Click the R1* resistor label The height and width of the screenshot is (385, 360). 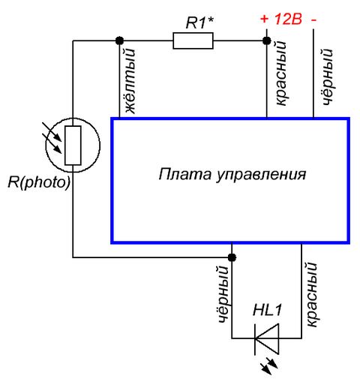pyautogui.click(x=199, y=23)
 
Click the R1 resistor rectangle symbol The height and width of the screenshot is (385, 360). pyautogui.click(x=193, y=41)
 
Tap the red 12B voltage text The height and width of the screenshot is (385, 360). pyautogui.click(x=288, y=19)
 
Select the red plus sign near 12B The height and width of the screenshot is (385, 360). pyautogui.click(x=264, y=19)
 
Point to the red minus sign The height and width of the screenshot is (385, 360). pyautogui.click(x=314, y=20)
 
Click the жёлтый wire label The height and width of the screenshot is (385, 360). pyautogui.click(x=130, y=81)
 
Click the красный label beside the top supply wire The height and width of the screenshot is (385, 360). pyautogui.click(x=280, y=73)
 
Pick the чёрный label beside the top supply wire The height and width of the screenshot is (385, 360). pyautogui.click(x=328, y=77)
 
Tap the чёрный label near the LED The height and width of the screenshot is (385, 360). pyautogui.click(x=223, y=294)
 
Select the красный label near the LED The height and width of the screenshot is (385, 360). pyautogui.click(x=311, y=294)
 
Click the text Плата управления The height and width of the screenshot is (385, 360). pyautogui.click(x=232, y=174)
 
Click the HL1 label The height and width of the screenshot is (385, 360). pyautogui.click(x=267, y=310)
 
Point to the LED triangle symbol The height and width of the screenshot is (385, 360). pyautogui.click(x=267, y=338)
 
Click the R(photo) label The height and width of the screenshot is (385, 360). pyautogui.click(x=39, y=182)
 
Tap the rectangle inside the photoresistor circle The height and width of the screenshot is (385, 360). pyautogui.click(x=73, y=146)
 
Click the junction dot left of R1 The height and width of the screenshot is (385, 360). pyautogui.click(x=119, y=41)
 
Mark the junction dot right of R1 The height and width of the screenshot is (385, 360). pyautogui.click(x=267, y=41)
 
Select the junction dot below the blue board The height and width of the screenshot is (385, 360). pyautogui.click(x=232, y=257)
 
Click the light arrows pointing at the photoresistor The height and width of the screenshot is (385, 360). pyautogui.click(x=52, y=137)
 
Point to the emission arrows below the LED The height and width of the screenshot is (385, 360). pyautogui.click(x=269, y=365)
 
